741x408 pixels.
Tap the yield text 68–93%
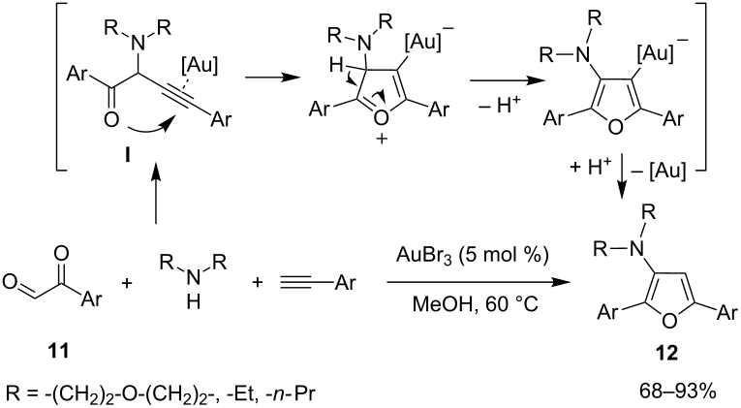678,392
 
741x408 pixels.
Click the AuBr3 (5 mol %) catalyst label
472,255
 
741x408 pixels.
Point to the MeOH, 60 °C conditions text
475,304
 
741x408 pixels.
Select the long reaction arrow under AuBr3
477,282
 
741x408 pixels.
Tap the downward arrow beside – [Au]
622,175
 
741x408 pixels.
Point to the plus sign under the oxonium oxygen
381,140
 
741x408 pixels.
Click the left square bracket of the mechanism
60,86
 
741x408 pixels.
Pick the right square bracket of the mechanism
702,86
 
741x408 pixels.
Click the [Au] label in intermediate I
200,66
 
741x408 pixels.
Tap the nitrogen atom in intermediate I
137,44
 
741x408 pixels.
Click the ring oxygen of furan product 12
669,321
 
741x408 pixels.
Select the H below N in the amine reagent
193,301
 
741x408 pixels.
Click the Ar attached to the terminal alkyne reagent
346,283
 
